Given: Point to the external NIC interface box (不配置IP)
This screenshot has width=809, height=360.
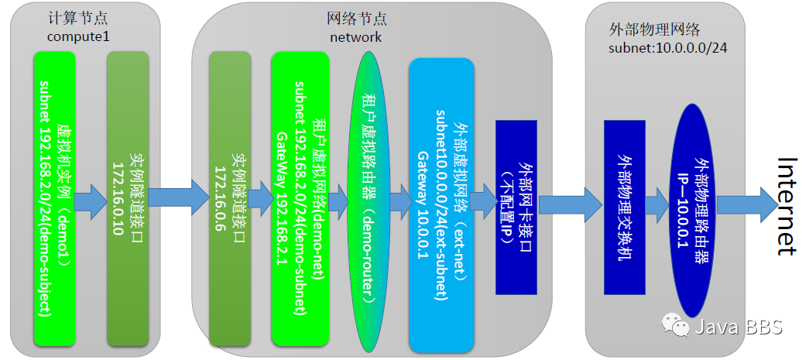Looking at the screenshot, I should tap(516, 203).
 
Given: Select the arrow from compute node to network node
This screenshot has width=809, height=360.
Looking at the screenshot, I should tap(179, 199).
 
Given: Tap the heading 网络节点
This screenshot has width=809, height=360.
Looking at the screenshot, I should tap(355, 19).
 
